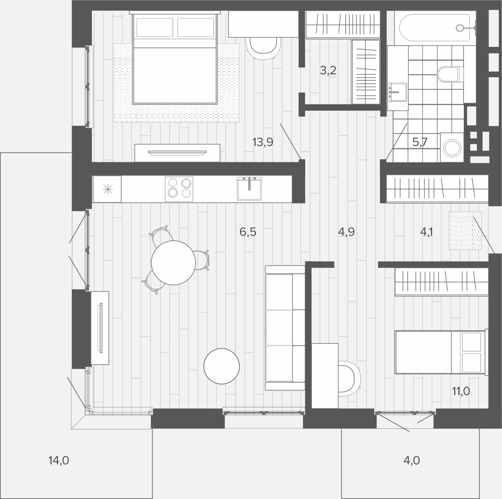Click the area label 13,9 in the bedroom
[263, 142]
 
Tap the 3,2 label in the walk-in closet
[328, 70]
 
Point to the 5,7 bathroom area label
[420, 142]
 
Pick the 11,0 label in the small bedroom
[461, 391]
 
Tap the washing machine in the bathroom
[452, 147]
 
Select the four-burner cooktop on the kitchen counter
[179, 189]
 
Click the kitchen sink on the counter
[249, 189]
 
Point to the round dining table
[174, 263]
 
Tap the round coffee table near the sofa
[222, 366]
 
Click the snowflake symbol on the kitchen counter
[107, 189]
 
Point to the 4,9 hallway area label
[346, 232]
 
